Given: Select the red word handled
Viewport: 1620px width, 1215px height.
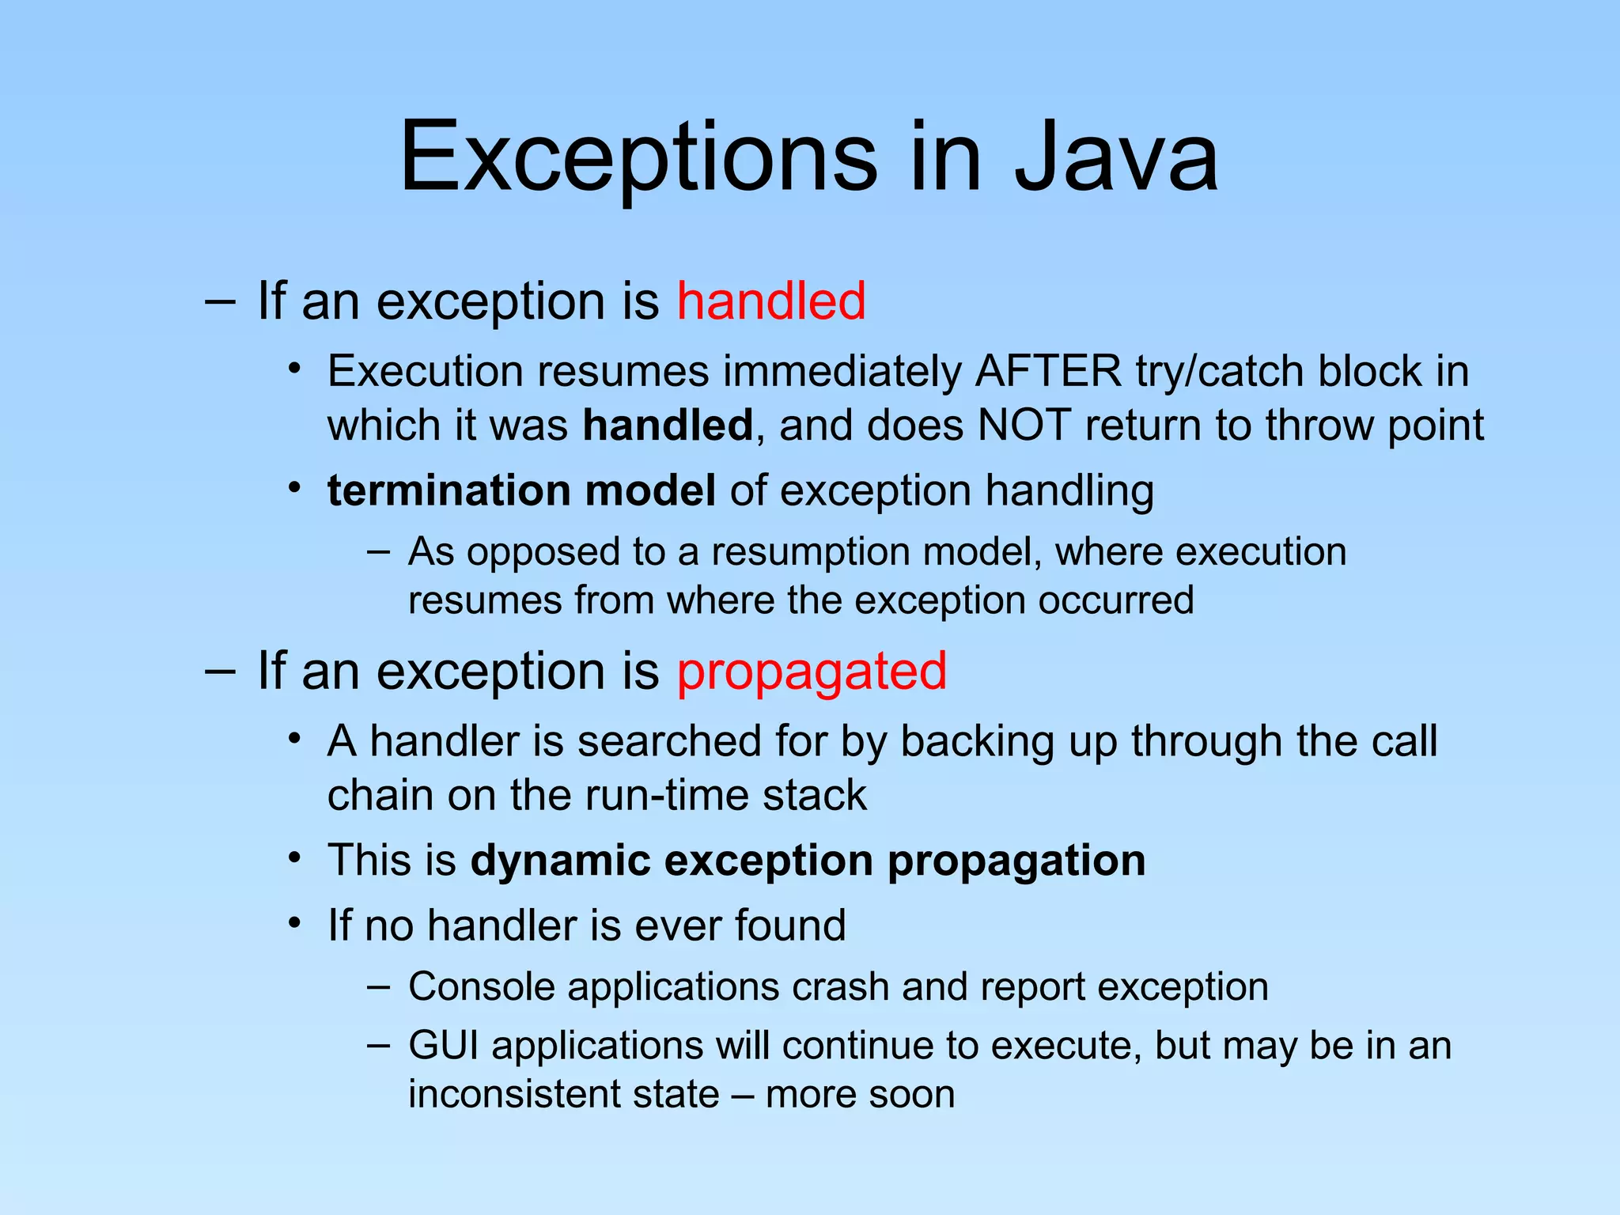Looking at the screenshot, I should (x=771, y=301).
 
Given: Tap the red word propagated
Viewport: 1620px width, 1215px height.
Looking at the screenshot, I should (x=812, y=672).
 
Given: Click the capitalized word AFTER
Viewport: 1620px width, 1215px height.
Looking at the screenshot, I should (x=1048, y=371).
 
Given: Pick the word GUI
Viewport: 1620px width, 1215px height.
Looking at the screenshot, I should (x=444, y=1045).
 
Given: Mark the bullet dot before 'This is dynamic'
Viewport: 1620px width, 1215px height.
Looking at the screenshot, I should (x=295, y=857).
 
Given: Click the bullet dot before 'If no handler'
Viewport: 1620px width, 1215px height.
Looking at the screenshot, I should (x=295, y=923).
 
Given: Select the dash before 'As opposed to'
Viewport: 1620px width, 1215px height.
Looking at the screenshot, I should (x=379, y=551).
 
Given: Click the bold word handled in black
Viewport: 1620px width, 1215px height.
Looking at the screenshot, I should (x=668, y=425).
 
